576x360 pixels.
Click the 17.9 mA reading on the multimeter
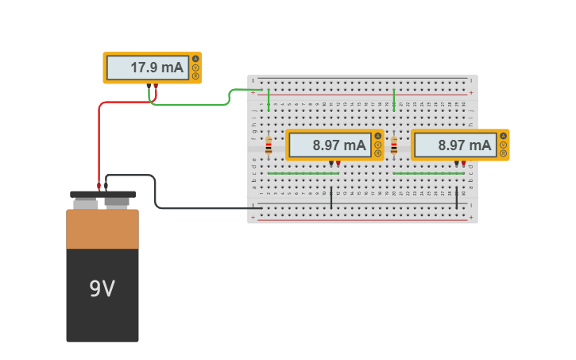[157, 68]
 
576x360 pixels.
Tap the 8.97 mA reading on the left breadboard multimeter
[339, 145]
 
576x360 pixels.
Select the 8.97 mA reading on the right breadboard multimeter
[465, 145]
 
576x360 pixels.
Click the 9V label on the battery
[102, 288]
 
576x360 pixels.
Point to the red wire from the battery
[99, 143]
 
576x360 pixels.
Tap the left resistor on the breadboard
[269, 145]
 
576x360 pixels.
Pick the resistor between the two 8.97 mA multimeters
[394, 145]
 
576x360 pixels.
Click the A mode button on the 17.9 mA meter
[195, 59]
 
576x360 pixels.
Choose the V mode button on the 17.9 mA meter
[195, 68]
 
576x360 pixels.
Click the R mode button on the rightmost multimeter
[503, 153]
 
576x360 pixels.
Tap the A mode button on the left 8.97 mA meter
[377, 136]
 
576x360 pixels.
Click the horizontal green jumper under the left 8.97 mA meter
[303, 172]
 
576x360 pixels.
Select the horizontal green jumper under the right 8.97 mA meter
[428, 172]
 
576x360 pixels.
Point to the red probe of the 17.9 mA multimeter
[156, 86]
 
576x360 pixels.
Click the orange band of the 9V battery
[102, 229]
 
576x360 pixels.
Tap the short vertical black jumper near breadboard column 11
[331, 199]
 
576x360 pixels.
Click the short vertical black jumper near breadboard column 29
[457, 199]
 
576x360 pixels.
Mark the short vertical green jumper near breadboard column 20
[394, 100]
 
